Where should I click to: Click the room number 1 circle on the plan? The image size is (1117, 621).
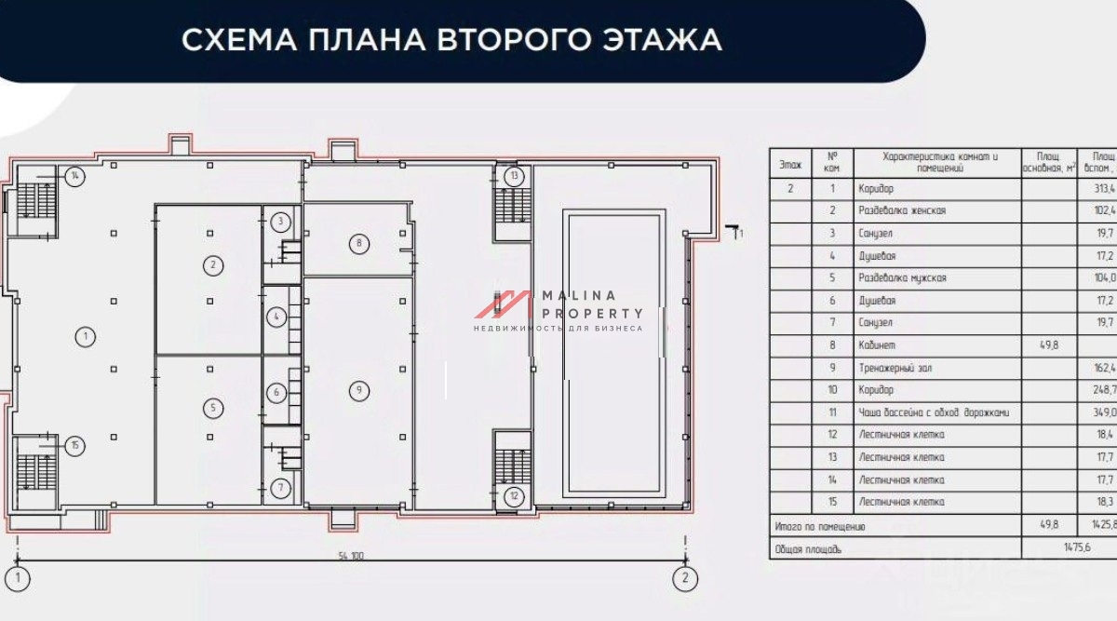coord(86,337)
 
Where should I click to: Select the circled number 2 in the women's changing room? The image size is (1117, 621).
coord(213,265)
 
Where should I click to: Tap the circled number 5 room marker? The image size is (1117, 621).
coord(213,408)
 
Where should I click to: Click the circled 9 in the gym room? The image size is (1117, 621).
coord(358,391)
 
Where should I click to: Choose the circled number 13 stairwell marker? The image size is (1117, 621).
coord(514,175)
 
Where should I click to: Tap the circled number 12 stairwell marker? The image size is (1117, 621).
coord(514,495)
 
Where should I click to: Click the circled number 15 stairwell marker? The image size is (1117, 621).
coord(74,446)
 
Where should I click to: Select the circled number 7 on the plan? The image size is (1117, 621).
coord(282,487)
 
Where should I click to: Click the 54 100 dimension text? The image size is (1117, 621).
coord(351,556)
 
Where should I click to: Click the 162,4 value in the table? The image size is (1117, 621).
coord(1103,368)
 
